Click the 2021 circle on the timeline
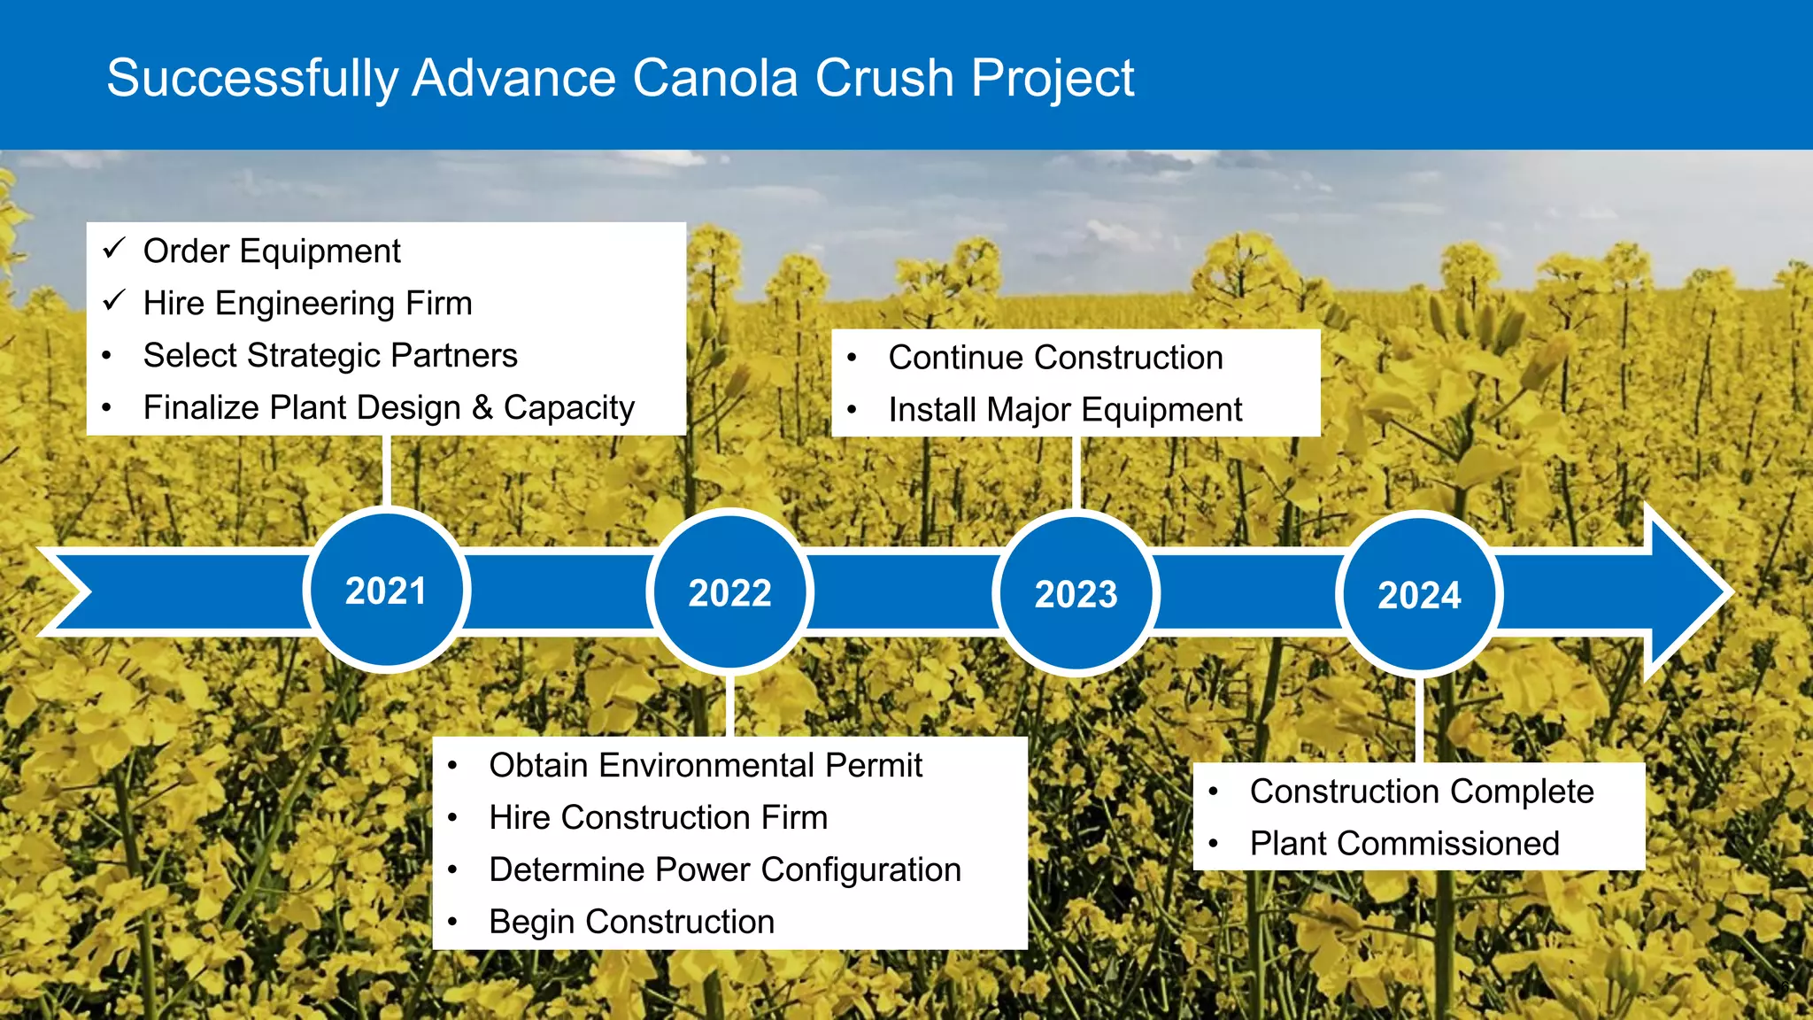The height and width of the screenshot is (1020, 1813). pos(386,591)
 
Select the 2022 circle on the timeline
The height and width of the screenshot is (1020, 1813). pos(730,592)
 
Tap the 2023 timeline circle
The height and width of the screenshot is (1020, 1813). pos(1076,593)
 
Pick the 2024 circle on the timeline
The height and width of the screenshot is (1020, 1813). pos(1419,595)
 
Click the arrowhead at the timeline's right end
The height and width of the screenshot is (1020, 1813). pos(1686,591)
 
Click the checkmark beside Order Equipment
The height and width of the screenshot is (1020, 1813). pos(115,249)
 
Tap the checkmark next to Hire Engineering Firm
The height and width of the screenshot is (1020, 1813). pos(115,301)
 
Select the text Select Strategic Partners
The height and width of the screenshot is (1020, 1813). pos(330,355)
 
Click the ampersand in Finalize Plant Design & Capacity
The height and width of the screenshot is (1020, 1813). pos(482,407)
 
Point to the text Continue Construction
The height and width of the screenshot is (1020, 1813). pos(1055,358)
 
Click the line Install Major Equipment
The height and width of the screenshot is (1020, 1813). pos(1065,410)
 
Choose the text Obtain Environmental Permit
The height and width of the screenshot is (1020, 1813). pos(706,765)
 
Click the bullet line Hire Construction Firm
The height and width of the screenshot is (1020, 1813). pos(658,817)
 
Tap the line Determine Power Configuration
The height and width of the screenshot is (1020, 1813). pos(725,869)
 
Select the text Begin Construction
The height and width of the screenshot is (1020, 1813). pos(631,922)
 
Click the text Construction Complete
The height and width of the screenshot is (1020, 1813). pos(1421,792)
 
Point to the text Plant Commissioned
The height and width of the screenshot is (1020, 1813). pos(1404,844)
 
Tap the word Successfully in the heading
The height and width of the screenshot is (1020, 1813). pos(252,78)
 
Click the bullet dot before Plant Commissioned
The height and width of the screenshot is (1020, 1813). pos(1214,844)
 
